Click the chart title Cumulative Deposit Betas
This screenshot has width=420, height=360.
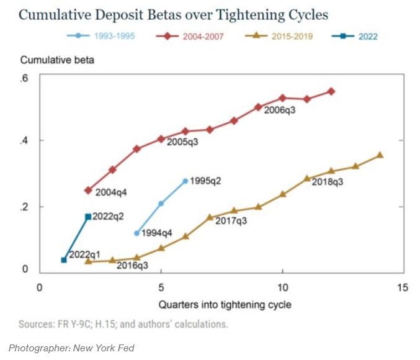(173, 14)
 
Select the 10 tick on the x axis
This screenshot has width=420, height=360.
(282, 287)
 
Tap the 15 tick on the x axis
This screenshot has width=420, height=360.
(404, 287)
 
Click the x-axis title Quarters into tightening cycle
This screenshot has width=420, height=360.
(225, 305)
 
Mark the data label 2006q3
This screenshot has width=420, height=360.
(280, 110)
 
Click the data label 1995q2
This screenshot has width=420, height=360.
(205, 181)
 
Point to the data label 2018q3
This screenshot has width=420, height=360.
(328, 182)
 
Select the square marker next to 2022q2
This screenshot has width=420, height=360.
(88, 217)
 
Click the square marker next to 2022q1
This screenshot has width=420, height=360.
(64, 259)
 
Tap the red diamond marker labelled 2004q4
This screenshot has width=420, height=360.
(88, 191)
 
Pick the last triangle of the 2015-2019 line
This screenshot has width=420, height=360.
(380, 155)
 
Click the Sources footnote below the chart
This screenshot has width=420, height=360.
(123, 324)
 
